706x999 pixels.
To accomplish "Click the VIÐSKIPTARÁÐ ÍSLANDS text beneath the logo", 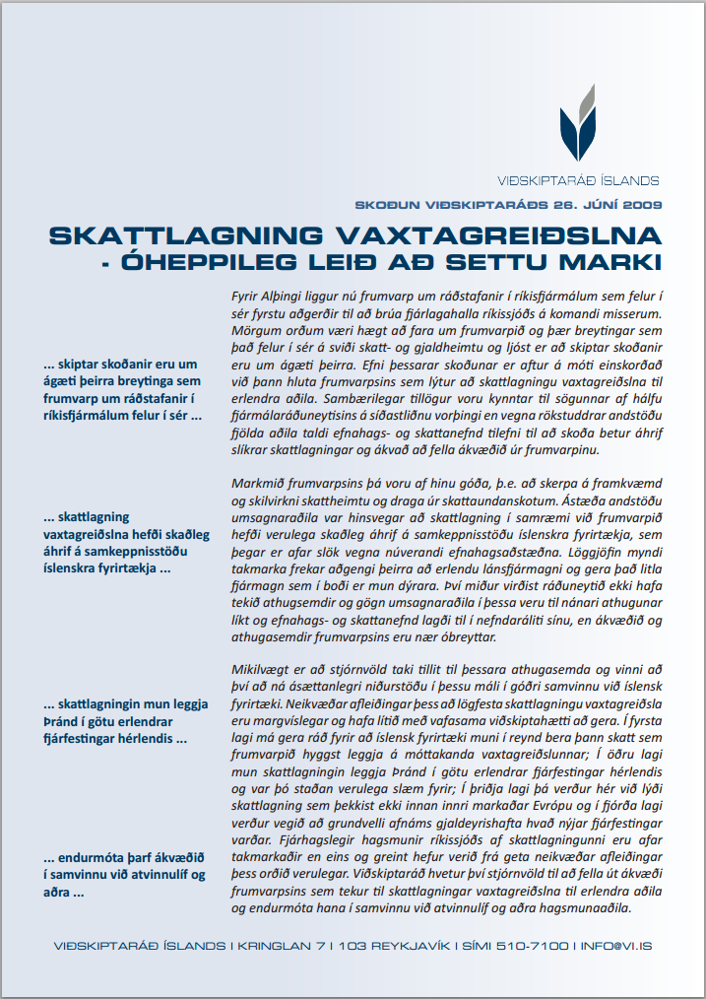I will [578, 180].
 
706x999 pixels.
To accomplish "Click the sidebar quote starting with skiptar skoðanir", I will [122, 390].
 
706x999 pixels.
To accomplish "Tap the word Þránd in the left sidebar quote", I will [62, 722].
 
